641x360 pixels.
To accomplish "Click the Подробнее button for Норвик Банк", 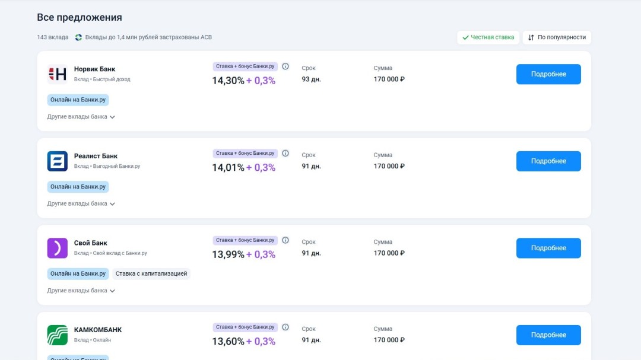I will coord(548,74).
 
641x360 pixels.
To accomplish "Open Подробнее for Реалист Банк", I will coord(548,161).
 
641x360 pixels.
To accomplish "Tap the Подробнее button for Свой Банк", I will coord(548,248).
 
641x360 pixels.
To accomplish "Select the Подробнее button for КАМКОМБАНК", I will coord(548,335).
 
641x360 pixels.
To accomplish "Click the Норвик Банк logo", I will coord(58,74).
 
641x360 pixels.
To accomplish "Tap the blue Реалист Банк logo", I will coord(58,161).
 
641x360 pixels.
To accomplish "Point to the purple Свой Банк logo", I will coord(58,248).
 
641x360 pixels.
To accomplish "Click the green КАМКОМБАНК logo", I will coord(58,335).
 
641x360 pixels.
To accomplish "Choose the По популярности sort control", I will coord(557,37).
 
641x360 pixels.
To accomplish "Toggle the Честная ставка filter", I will coord(488,37).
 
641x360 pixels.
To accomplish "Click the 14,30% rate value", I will coord(228,81).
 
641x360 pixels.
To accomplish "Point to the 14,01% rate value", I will coord(228,168).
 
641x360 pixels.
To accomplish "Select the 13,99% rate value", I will coord(228,254).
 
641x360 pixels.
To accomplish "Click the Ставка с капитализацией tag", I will coord(151,274).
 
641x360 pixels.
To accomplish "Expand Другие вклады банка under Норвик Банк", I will coord(81,117).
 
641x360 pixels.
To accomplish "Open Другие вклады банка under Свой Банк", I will coord(81,291).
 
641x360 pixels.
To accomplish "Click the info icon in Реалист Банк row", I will coord(285,153).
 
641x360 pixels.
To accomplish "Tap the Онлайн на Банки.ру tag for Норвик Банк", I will coord(78,100).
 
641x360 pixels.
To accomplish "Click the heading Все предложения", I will coord(80,17).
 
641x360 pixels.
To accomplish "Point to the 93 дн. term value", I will coord(311,79).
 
